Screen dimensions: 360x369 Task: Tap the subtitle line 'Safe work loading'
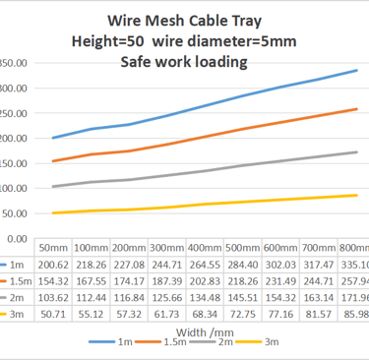point(186,61)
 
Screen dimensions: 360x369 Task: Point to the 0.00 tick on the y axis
point(15,239)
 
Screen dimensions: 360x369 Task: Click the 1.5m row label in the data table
point(18,280)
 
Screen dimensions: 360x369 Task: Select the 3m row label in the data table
point(18,313)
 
